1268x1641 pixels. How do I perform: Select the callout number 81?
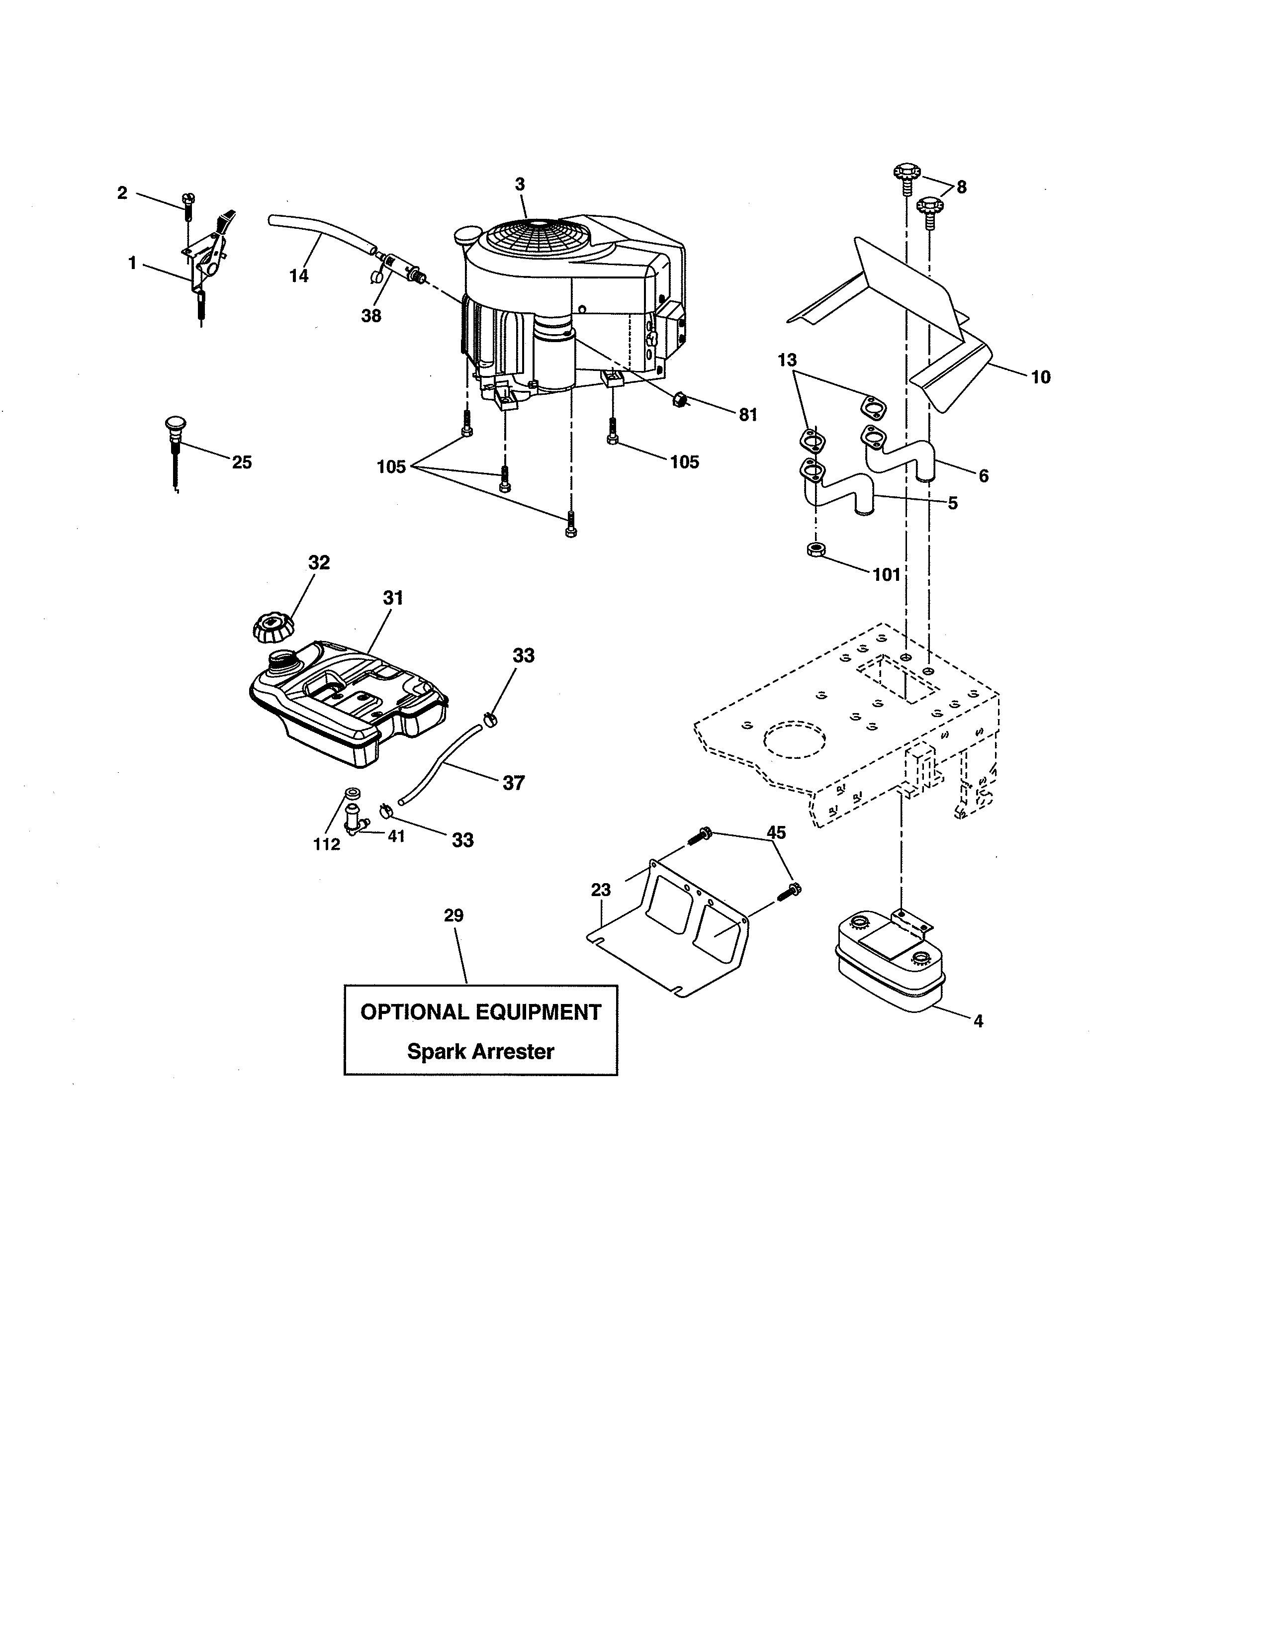click(748, 415)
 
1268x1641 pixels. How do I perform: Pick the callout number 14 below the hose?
click(299, 276)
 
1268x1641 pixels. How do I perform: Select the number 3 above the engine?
click(520, 184)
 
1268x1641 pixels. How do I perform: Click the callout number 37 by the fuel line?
click(513, 783)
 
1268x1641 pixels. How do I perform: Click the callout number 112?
click(327, 844)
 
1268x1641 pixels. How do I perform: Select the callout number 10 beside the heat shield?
click(1040, 377)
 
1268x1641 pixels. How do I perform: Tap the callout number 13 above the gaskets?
click(787, 360)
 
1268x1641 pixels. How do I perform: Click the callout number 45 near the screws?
click(776, 832)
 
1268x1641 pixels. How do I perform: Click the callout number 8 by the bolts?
click(962, 187)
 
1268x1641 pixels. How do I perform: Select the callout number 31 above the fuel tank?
click(393, 598)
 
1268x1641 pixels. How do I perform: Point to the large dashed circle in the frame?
click(794, 741)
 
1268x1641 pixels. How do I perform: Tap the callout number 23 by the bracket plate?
click(601, 890)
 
